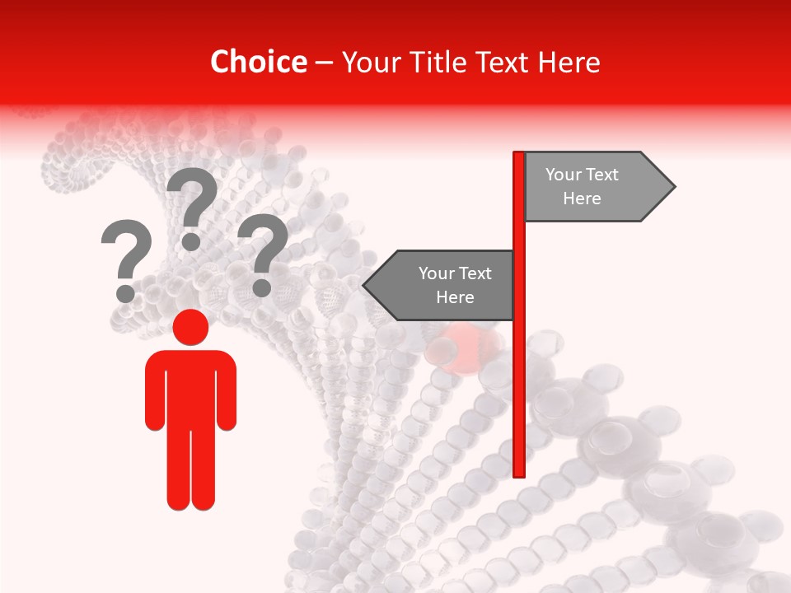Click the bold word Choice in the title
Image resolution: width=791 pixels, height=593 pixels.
[x=258, y=62]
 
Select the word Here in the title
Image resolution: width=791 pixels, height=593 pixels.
[x=569, y=62]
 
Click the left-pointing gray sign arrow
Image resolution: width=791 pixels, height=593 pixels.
[x=441, y=285]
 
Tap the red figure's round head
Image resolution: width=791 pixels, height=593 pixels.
[x=190, y=327]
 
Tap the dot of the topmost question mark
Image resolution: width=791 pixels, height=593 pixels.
[x=191, y=240]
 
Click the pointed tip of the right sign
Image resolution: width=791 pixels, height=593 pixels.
[x=674, y=187]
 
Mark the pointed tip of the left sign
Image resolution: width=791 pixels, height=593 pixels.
[x=364, y=285]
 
